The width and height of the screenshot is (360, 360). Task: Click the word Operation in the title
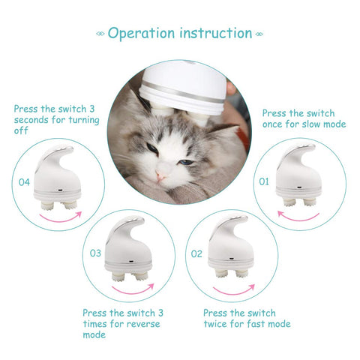(x=141, y=34)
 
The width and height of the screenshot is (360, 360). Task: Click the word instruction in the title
(x=216, y=33)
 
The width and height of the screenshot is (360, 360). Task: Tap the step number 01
(x=264, y=181)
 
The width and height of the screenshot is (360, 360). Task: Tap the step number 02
(x=196, y=254)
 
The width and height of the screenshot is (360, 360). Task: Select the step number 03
(x=95, y=253)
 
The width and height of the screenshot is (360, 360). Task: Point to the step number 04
(x=24, y=182)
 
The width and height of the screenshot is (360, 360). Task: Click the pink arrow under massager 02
(x=234, y=292)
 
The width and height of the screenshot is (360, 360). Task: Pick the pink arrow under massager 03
(x=133, y=291)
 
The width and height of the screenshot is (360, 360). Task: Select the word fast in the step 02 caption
(x=256, y=324)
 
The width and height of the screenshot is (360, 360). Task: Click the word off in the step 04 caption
(x=21, y=130)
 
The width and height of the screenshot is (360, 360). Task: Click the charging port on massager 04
(x=60, y=190)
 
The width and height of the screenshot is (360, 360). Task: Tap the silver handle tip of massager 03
(x=136, y=220)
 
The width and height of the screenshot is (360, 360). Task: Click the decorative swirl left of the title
(x=100, y=34)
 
